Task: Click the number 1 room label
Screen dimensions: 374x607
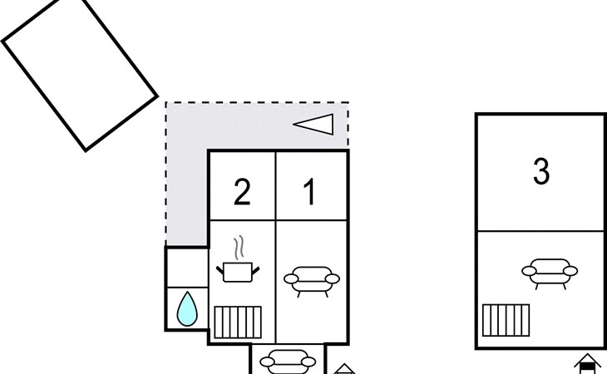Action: click(x=309, y=192)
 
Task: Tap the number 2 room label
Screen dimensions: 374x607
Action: click(x=241, y=192)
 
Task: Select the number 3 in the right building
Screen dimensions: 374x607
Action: click(x=540, y=172)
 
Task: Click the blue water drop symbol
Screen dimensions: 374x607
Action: click(x=187, y=310)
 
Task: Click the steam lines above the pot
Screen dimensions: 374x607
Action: click(x=239, y=248)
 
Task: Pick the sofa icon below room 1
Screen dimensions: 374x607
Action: click(x=311, y=280)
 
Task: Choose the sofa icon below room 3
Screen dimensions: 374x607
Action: click(x=549, y=272)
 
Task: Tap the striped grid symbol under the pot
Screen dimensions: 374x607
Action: click(x=238, y=322)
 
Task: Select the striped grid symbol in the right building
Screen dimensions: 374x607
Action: click(x=506, y=319)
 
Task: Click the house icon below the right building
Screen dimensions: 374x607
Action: click(x=587, y=365)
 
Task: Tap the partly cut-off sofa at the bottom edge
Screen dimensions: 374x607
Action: click(x=288, y=362)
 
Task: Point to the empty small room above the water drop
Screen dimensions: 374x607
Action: click(x=187, y=266)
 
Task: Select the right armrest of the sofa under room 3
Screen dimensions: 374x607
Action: click(x=572, y=268)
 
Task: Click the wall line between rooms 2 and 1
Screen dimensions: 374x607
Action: click(x=275, y=185)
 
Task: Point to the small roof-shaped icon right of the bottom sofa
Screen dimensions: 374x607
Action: click(x=345, y=368)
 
